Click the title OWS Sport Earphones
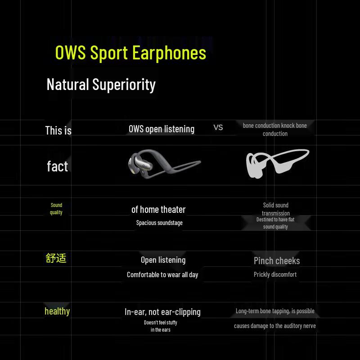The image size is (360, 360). coord(130,53)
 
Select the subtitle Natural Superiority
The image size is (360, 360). coord(101,84)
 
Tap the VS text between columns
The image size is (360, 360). coord(218,127)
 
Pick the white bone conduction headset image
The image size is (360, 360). coord(277,163)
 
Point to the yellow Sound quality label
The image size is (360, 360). coord(56,208)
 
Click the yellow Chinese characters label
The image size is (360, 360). coord(56,258)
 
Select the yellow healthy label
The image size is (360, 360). coord(57,311)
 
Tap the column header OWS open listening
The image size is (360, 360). coord(162,129)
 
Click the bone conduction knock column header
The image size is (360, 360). coord(275,129)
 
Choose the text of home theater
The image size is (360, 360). coord(158,209)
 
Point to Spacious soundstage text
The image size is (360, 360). coord(159,223)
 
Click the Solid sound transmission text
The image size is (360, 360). coord(275,209)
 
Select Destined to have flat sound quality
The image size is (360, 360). coord(275,223)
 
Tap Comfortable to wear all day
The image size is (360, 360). coord(162,274)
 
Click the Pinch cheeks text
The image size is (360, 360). coord(277,261)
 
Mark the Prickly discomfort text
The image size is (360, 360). coord(275,274)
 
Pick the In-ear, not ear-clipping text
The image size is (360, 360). coord(162,311)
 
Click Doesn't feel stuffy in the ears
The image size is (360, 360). coord(161,326)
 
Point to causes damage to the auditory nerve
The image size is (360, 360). coord(275,326)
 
